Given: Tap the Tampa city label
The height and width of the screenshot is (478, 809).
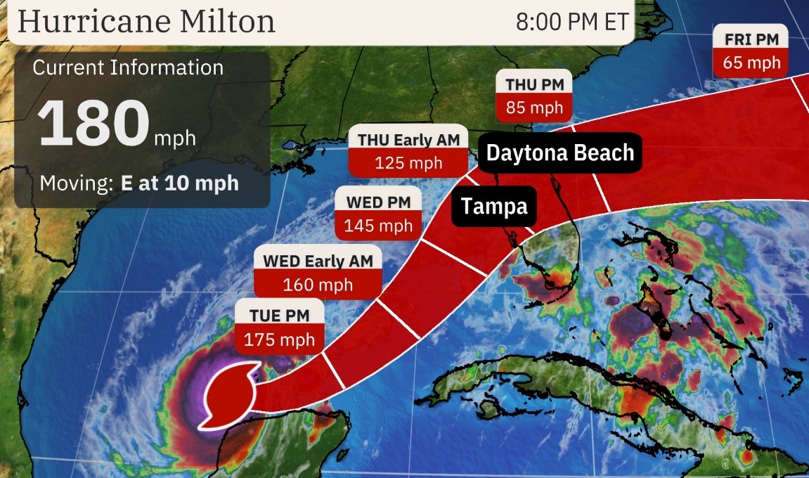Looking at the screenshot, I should (x=493, y=207).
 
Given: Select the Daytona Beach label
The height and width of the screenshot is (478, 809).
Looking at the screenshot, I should (x=560, y=153).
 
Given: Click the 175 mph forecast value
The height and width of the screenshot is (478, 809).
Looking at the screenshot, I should (x=279, y=340).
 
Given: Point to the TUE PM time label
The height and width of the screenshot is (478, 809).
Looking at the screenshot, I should (x=279, y=316).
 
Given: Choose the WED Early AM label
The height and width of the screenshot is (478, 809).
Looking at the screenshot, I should (x=318, y=261).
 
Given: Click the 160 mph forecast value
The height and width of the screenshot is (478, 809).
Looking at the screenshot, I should (x=318, y=285).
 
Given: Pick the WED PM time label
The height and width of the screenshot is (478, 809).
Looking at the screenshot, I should (x=378, y=202).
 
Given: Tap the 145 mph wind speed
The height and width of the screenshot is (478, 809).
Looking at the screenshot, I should (x=378, y=226).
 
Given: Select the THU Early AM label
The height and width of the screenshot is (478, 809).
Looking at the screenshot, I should (x=409, y=139).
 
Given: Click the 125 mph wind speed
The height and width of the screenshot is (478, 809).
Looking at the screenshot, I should (x=409, y=163).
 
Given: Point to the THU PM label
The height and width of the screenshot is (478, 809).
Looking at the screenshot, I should (x=534, y=84).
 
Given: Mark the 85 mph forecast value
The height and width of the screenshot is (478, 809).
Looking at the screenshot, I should (x=534, y=108).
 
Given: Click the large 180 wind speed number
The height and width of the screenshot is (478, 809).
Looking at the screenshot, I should (x=93, y=123).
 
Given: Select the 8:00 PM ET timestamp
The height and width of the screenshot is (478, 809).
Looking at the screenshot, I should (x=572, y=22).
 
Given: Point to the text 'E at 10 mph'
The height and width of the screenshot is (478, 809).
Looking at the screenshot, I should (x=179, y=183).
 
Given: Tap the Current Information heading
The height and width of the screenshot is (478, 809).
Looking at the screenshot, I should (x=128, y=67).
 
